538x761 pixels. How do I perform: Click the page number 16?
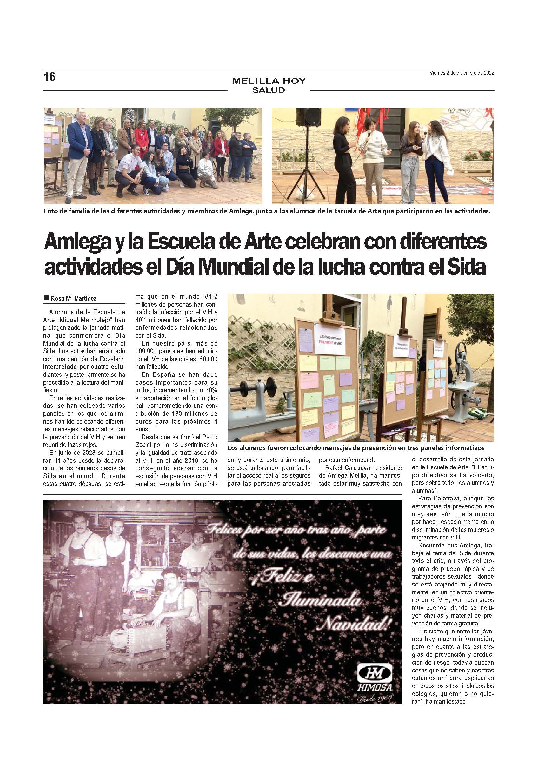point(50,77)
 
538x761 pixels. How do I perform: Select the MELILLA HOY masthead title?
point(269,81)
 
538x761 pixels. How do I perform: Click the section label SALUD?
point(269,90)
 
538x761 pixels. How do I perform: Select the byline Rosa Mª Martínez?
point(74,298)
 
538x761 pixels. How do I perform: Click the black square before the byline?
point(46,298)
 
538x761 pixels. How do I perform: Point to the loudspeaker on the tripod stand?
point(306,119)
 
